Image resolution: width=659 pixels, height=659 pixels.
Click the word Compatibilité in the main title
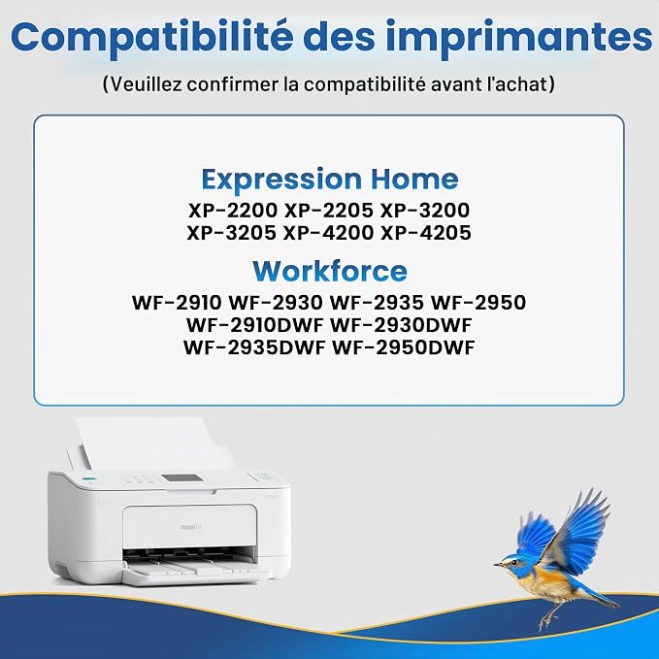click(151, 37)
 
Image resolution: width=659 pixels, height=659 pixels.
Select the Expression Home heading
click(330, 180)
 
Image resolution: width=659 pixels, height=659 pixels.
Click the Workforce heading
click(330, 271)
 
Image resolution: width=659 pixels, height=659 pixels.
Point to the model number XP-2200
click(233, 211)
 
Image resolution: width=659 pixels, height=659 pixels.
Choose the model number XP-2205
click(329, 211)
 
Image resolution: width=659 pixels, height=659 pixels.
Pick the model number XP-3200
click(425, 211)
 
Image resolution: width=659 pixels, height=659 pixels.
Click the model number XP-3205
click(232, 233)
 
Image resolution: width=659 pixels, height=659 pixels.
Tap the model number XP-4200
click(329, 233)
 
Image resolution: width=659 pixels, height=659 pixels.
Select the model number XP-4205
click(426, 233)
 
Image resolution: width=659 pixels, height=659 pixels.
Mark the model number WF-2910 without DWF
click(177, 303)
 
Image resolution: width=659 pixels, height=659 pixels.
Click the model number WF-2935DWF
click(254, 347)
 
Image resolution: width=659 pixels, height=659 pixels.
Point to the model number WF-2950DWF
click(404, 347)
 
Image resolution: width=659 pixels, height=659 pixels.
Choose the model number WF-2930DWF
click(401, 325)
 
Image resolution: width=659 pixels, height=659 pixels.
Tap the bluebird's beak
click(497, 564)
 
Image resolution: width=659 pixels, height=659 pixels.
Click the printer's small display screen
click(181, 478)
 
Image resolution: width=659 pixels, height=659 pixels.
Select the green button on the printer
click(88, 479)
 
